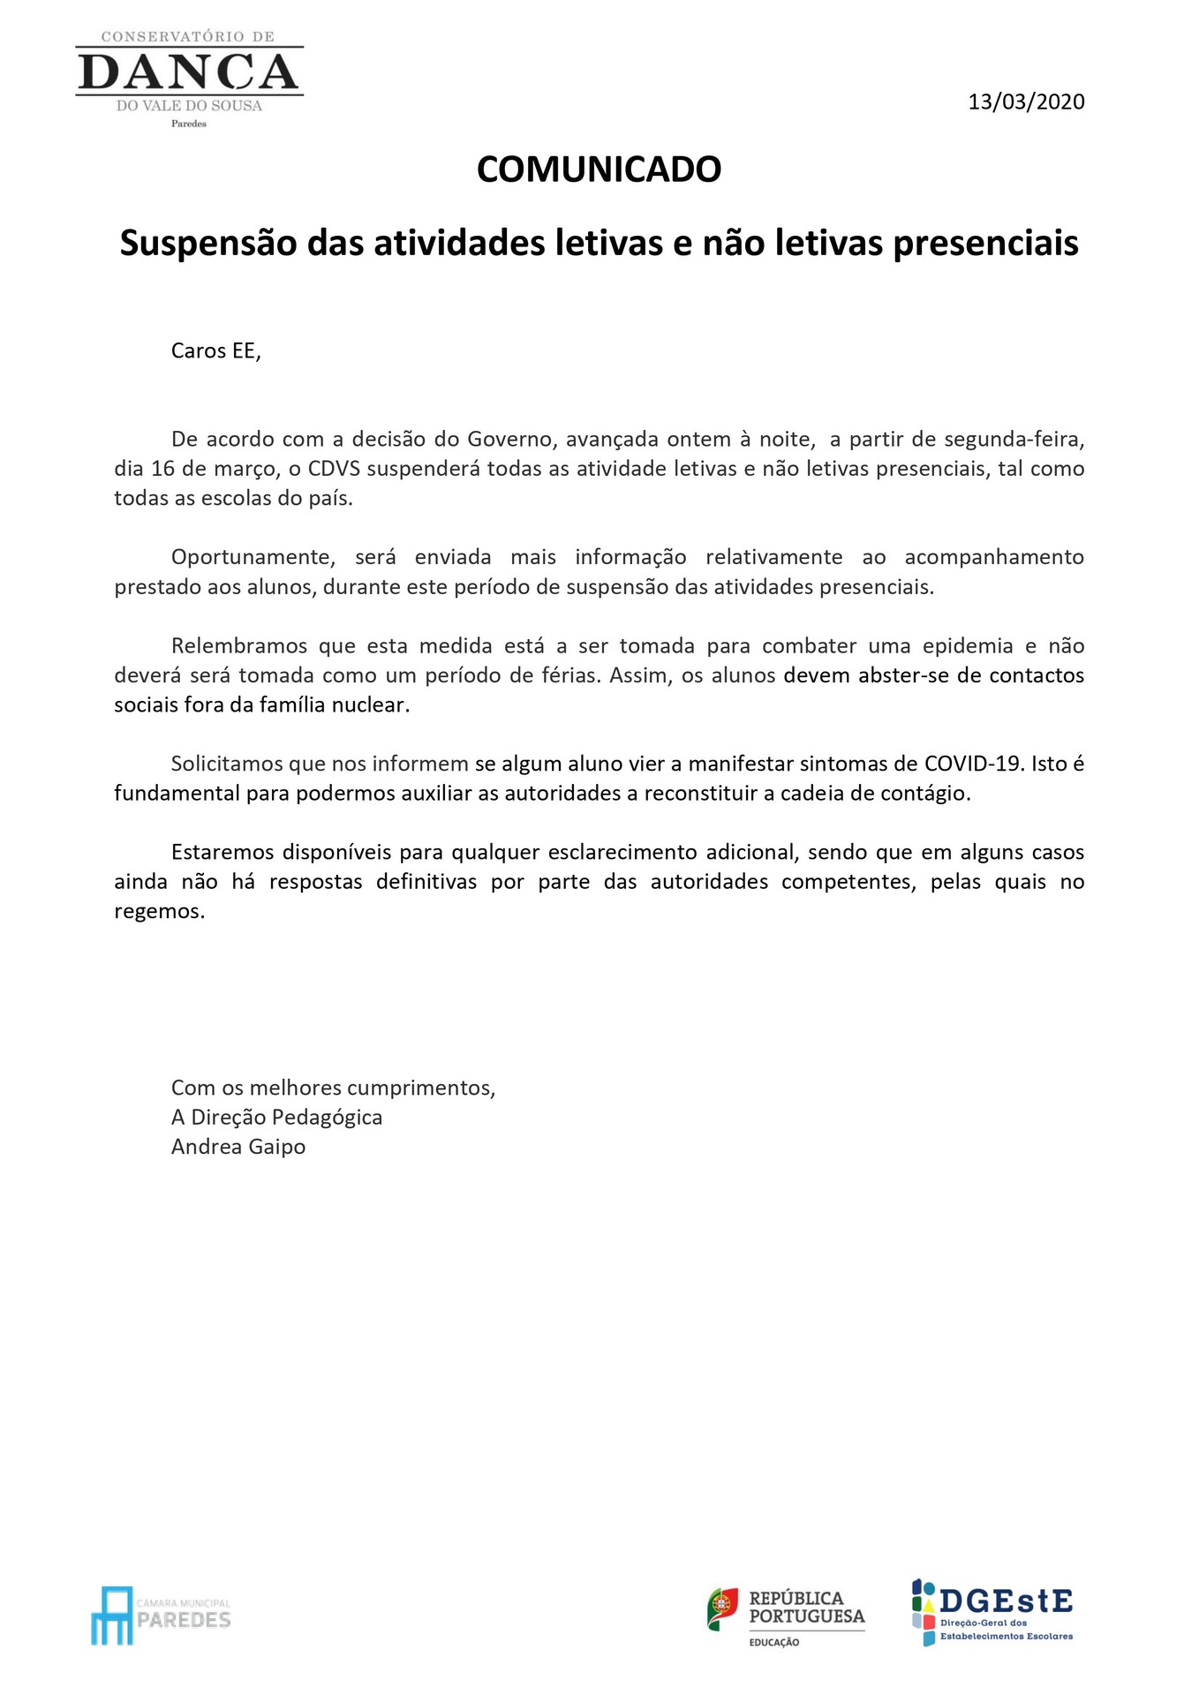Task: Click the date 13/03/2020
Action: point(1026,102)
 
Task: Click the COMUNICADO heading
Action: point(599,169)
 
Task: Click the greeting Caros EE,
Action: point(216,350)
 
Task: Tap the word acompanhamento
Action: point(994,557)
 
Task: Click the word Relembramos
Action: point(239,645)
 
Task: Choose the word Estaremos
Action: point(221,852)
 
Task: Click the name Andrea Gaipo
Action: point(238,1147)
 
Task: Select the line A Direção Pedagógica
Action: point(276,1117)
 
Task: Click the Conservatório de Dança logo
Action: point(189,78)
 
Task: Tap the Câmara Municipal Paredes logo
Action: point(161,1615)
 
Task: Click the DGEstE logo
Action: point(992,1612)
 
